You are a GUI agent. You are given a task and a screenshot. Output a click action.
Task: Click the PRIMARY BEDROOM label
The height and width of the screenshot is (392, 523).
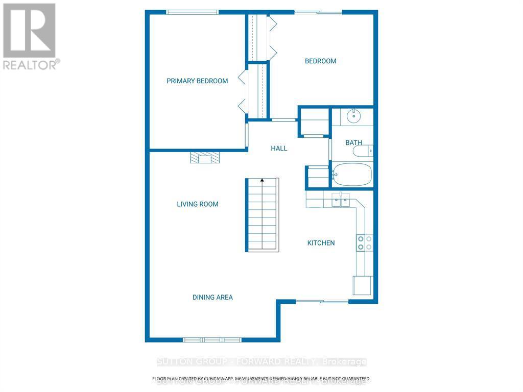tap(197, 81)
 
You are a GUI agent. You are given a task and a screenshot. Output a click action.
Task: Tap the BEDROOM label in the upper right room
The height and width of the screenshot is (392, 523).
tap(320, 61)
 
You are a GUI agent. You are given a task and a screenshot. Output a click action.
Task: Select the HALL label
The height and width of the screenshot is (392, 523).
tap(279, 149)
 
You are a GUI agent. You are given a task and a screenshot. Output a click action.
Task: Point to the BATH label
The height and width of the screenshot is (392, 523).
tap(353, 143)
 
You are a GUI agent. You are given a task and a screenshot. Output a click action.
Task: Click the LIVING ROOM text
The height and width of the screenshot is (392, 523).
tap(198, 204)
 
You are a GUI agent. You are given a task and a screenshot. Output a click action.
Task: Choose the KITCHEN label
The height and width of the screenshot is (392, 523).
tap(321, 243)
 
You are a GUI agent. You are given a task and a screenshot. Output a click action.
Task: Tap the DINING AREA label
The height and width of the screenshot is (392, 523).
tap(212, 297)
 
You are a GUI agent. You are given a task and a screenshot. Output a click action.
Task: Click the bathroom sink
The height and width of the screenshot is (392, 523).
tap(353, 116)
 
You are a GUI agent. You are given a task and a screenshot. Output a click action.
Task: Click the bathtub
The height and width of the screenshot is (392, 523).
tap(352, 175)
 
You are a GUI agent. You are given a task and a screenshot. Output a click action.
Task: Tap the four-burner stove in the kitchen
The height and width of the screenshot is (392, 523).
tap(365, 242)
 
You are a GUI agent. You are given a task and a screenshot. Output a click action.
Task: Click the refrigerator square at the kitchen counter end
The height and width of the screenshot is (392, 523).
tap(363, 285)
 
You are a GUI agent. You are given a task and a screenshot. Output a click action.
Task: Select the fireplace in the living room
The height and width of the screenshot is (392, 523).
tap(205, 158)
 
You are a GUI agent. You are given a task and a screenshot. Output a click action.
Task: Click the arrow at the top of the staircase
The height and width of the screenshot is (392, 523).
tap(262, 180)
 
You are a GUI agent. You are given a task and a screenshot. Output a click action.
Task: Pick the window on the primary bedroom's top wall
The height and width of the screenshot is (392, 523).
tap(193, 12)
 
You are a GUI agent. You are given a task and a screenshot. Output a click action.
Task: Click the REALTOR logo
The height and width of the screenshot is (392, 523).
tap(30, 36)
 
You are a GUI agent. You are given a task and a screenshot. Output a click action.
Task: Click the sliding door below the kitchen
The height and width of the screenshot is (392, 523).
tap(322, 302)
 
